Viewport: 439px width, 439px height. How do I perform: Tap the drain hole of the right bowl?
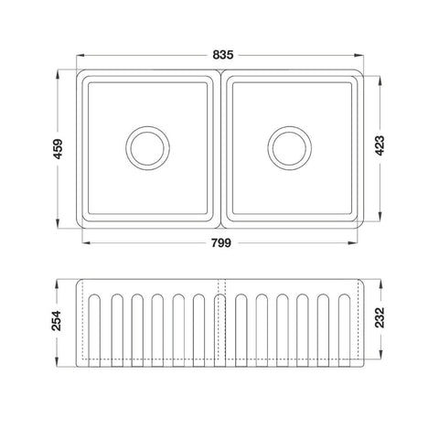click(x=292, y=147)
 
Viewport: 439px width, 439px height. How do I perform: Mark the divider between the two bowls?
click(x=219, y=149)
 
